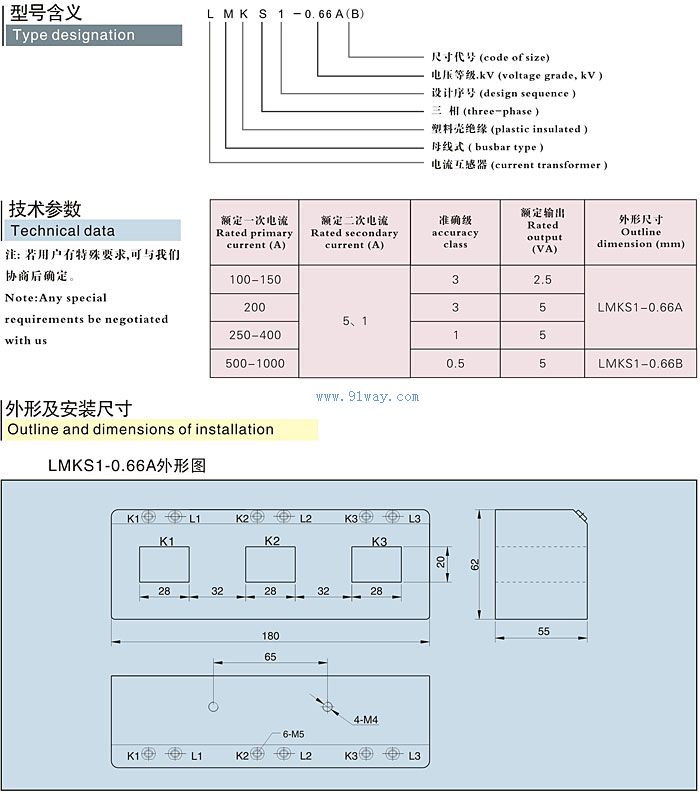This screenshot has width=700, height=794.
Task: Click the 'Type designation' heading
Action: [x=73, y=35]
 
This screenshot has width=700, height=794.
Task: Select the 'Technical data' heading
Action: [x=62, y=231]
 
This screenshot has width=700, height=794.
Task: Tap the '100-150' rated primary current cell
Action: [x=255, y=280]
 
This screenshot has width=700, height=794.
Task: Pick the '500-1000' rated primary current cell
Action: [x=255, y=364]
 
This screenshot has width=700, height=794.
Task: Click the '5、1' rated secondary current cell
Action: [x=354, y=322]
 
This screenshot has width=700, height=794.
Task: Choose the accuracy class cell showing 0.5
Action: [x=455, y=364]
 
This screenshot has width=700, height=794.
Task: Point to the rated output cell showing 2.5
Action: [x=542, y=280]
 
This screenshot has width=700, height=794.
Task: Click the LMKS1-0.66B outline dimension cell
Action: [x=640, y=364]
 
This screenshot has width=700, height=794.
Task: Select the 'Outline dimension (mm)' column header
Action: [x=640, y=232]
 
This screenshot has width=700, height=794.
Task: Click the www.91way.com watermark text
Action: [x=367, y=397]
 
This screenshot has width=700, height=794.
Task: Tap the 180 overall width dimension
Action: [x=271, y=636]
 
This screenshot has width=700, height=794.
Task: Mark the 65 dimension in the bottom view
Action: [x=270, y=657]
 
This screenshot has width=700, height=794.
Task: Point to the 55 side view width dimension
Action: [x=543, y=632]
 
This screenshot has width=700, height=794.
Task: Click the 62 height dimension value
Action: [x=477, y=564]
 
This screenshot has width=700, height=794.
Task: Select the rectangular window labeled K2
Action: [x=270, y=565]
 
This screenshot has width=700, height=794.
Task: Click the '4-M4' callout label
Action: [x=366, y=720]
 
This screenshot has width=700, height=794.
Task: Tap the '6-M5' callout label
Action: [x=292, y=734]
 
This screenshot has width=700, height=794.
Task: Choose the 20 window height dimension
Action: [x=441, y=563]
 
